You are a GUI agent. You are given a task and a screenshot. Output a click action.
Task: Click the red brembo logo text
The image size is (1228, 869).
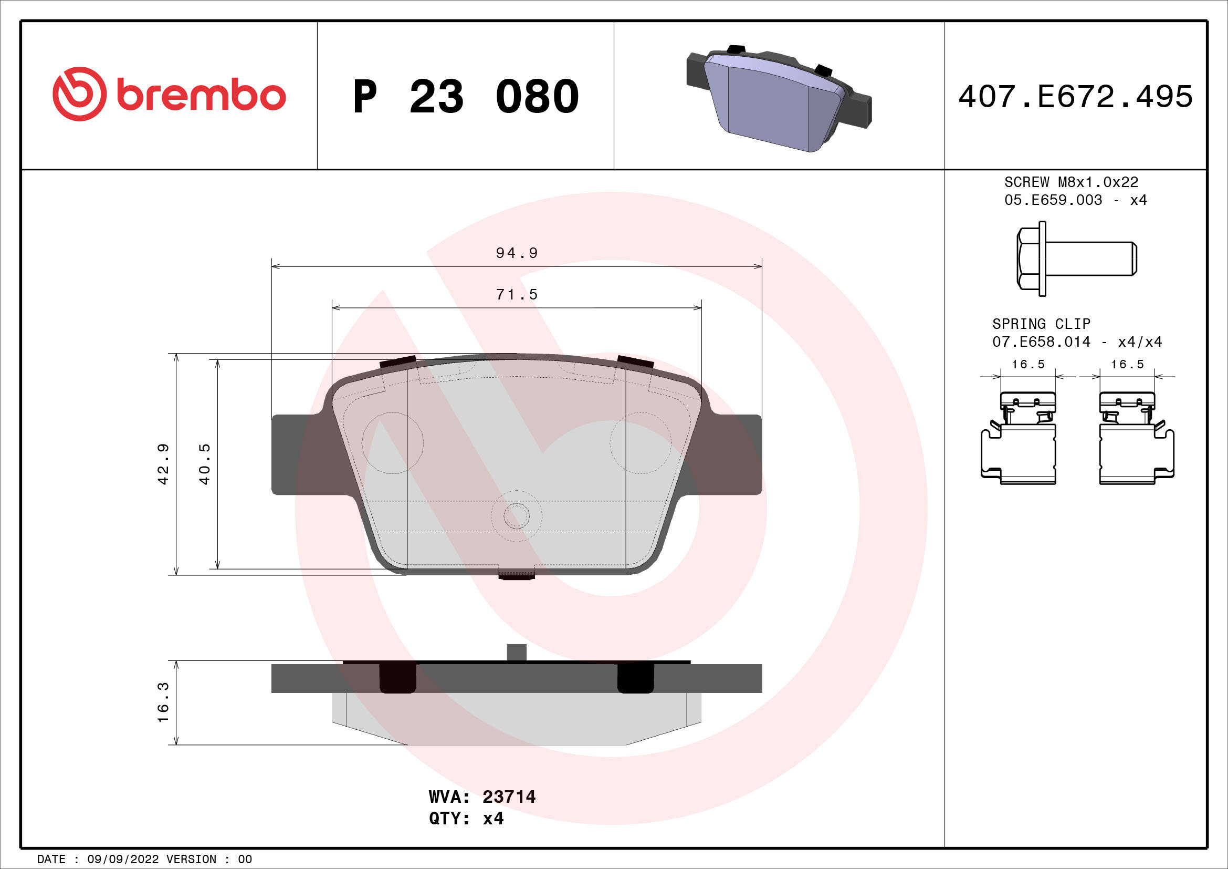[201, 96]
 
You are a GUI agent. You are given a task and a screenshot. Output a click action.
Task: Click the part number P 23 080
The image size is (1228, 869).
[465, 97]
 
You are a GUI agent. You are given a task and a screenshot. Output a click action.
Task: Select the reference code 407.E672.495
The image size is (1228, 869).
[1075, 97]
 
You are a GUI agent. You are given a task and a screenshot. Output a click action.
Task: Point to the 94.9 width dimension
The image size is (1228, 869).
[516, 253]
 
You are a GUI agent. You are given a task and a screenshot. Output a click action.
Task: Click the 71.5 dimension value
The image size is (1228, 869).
[516, 294]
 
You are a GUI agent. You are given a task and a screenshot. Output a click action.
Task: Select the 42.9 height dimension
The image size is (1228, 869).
[163, 464]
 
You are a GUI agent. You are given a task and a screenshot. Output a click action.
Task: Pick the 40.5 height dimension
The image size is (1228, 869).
[204, 464]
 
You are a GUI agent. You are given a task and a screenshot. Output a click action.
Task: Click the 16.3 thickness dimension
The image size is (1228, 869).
[163, 702]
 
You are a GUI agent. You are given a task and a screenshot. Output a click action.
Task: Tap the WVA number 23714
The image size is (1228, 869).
[509, 797]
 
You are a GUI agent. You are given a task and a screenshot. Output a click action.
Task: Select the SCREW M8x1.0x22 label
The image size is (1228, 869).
[1070, 182]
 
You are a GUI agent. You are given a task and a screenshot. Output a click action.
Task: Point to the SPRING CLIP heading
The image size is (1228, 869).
[1041, 324]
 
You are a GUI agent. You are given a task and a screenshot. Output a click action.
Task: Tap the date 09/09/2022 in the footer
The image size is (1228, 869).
[122, 860]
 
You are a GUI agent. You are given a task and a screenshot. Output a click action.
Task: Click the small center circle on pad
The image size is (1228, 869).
[517, 516]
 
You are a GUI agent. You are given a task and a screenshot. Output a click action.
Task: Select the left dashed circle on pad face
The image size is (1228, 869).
[393, 443]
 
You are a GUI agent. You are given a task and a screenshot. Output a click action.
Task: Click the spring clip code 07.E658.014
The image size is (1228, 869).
[1041, 342]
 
